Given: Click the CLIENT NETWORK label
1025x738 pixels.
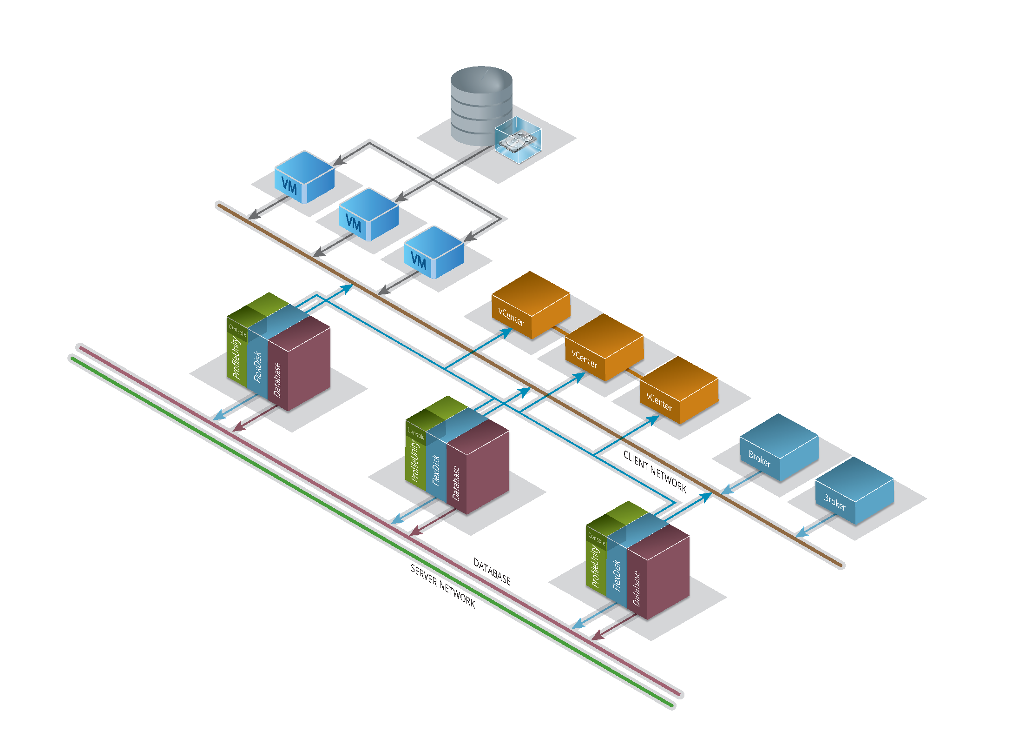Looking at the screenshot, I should (x=655, y=472).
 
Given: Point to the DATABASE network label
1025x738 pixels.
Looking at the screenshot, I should (x=492, y=571).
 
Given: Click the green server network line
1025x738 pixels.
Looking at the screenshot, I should (x=325, y=502).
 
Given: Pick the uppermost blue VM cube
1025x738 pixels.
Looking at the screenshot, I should (x=304, y=177).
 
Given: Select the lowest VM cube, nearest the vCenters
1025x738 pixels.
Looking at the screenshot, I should (x=434, y=252).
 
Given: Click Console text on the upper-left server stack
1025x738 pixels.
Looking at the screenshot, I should (x=237, y=331).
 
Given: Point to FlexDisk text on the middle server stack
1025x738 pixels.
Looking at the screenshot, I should (x=436, y=470).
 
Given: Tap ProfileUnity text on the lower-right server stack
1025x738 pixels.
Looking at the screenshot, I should (x=595, y=566).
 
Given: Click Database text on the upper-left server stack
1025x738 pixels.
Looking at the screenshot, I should (x=277, y=380).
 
